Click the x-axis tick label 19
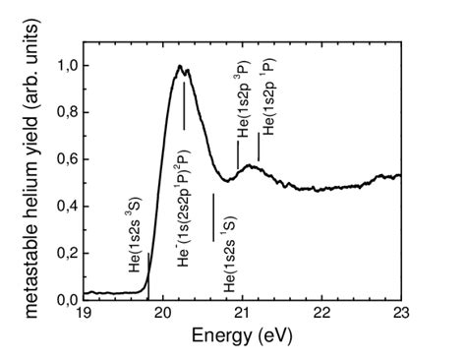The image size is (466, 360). pos(84,314)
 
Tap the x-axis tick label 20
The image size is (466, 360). pos(163,314)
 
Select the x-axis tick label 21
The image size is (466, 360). pos(242,314)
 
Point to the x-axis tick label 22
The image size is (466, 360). pos(321,314)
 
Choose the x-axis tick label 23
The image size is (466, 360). pos(400,314)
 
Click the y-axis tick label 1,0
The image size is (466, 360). pos(64,65)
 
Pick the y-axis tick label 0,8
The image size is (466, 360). pos(64,112)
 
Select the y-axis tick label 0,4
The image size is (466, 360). pos(64,206)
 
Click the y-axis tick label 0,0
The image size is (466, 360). pos(64,298)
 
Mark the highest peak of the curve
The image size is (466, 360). pos(180,66)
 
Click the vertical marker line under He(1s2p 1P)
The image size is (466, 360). pos(259,148)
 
